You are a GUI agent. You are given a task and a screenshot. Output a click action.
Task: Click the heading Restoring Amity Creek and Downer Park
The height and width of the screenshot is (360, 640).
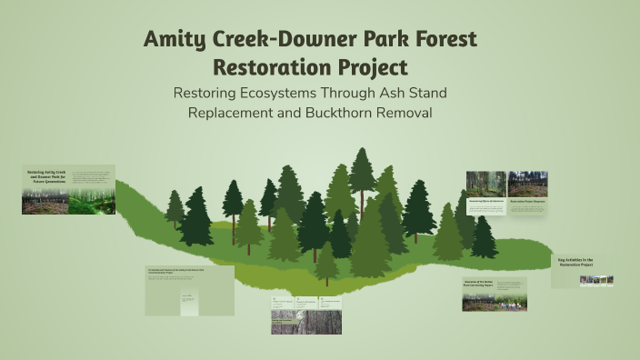46,175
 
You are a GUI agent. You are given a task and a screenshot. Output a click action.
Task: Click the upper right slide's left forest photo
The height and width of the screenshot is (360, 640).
485,184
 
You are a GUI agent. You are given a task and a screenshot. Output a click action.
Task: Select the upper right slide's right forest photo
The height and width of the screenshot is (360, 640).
527,184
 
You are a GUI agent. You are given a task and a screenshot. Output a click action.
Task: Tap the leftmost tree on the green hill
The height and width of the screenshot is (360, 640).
175,211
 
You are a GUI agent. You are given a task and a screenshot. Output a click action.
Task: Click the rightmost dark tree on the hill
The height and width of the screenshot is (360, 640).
484,238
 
